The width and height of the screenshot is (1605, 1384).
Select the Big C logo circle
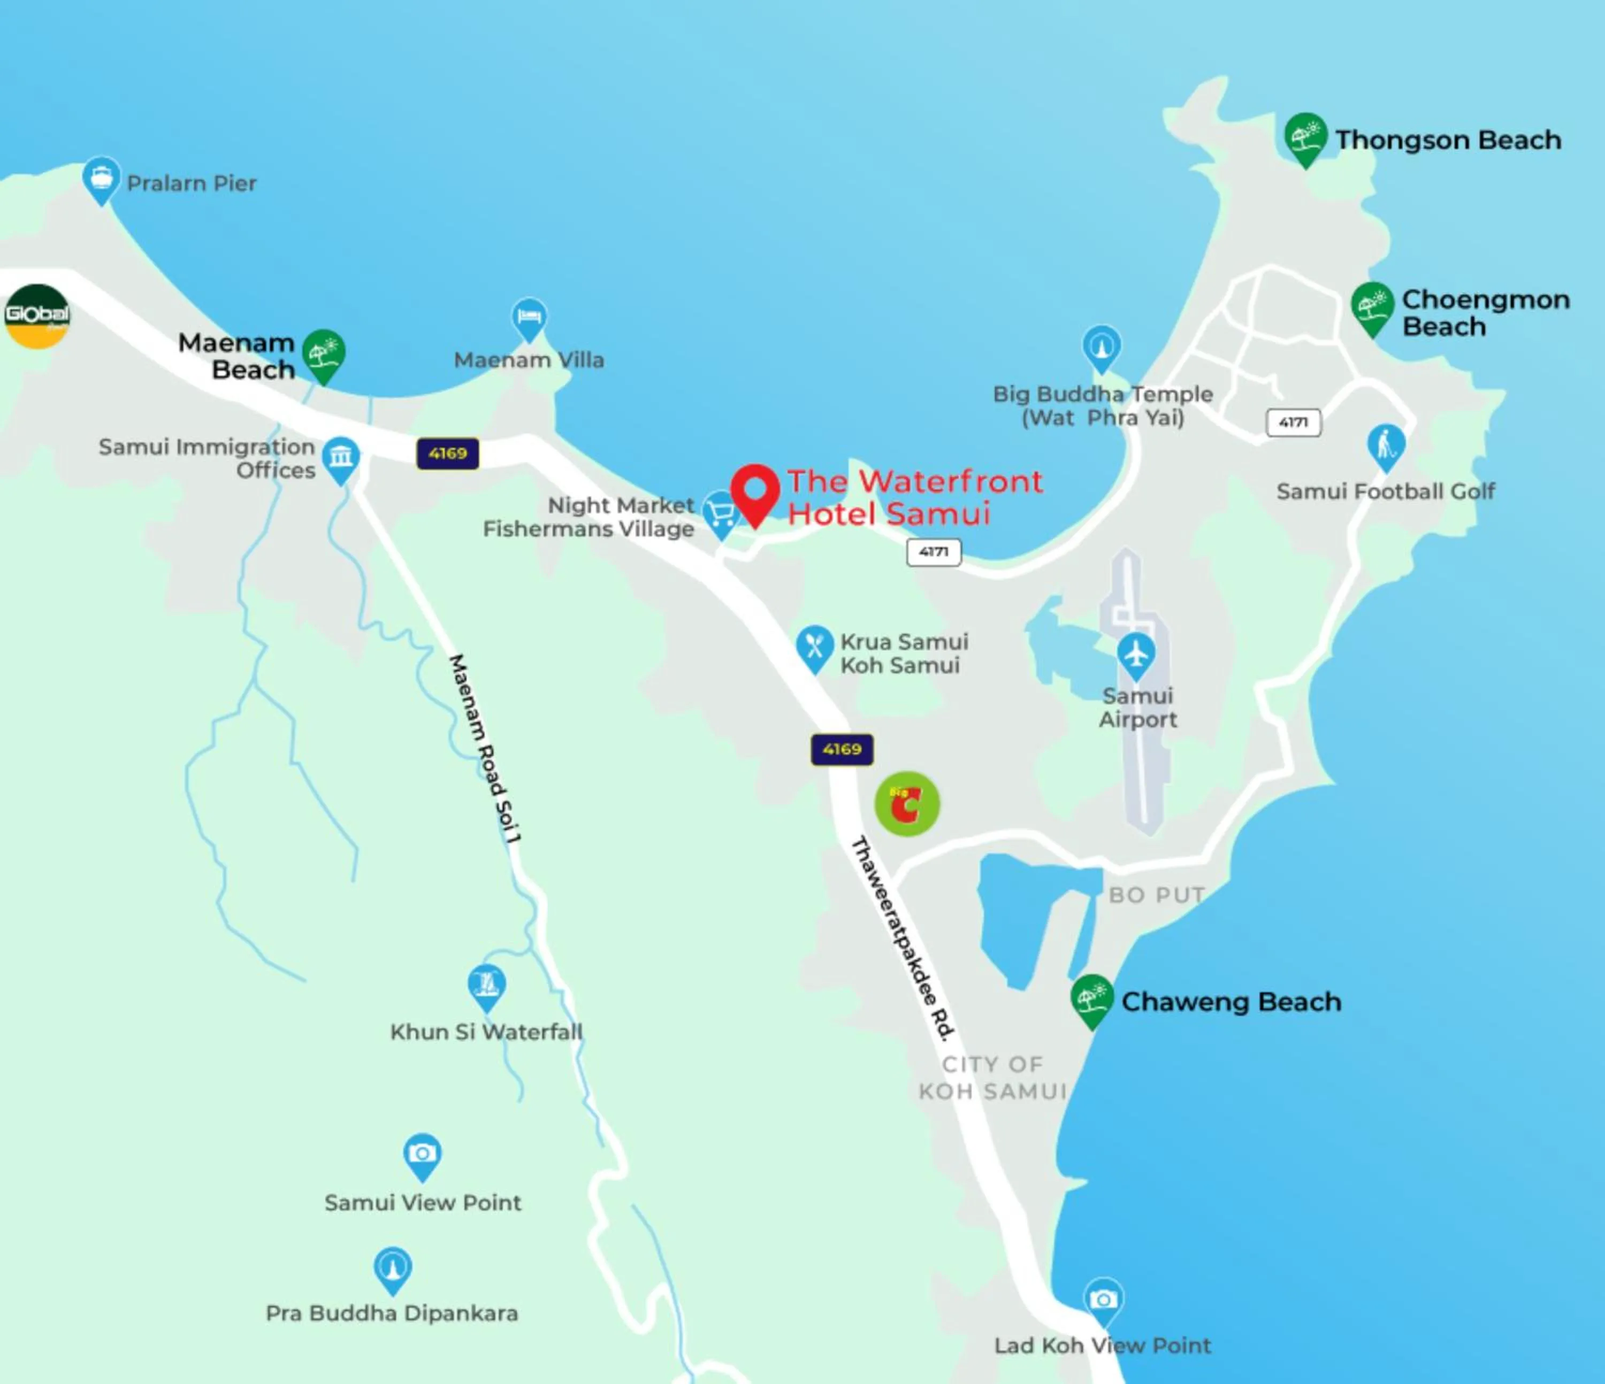click(x=907, y=804)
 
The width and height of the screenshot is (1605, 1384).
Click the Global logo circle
click(x=36, y=316)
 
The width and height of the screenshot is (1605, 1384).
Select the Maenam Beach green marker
click(x=323, y=354)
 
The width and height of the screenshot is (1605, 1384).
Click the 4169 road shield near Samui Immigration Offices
click(x=448, y=453)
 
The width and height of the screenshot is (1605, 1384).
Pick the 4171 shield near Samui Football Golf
click(x=1293, y=422)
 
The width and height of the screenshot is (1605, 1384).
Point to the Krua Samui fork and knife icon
click(x=814, y=647)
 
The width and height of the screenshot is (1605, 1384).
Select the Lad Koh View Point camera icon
click(x=1103, y=1300)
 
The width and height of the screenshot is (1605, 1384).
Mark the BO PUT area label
click(x=1157, y=895)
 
